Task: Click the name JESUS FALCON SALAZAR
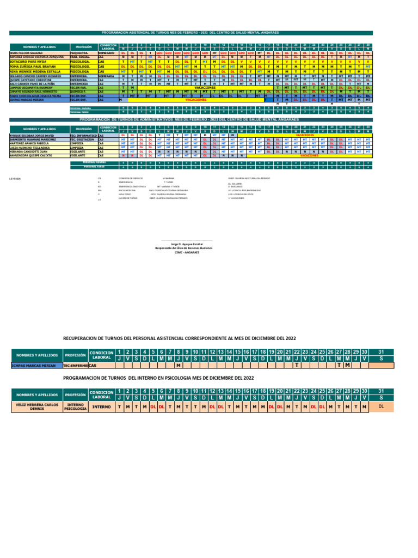(x=26, y=53)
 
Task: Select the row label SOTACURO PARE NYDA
(x=28, y=62)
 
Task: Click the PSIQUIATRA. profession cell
(x=80, y=53)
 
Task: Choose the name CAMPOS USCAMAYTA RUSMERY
(x=30, y=87)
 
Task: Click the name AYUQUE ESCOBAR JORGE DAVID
(x=32, y=135)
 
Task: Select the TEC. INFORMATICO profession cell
(x=83, y=135)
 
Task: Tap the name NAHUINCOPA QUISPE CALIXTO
(x=30, y=155)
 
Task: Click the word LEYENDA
(x=16, y=178)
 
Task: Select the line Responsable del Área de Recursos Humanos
(x=183, y=248)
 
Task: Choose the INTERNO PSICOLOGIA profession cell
(x=76, y=407)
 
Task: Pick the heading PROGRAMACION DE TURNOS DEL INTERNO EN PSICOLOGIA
(x=158, y=377)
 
